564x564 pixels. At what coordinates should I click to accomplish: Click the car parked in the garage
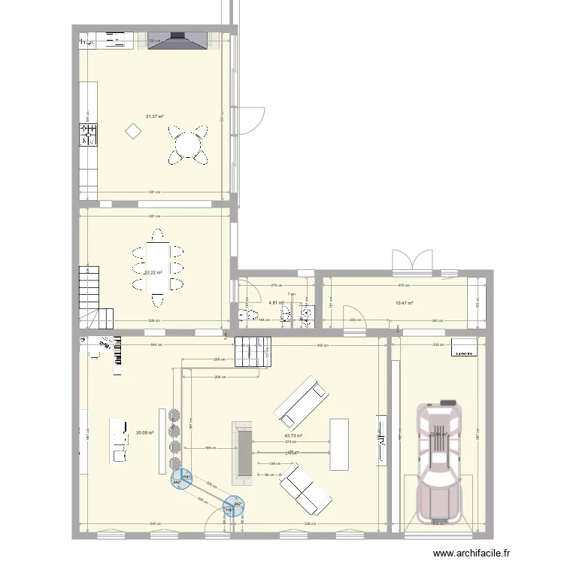pos(441,462)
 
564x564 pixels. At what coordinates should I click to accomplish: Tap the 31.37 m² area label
pos(155,117)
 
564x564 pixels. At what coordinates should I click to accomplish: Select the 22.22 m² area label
pos(154,273)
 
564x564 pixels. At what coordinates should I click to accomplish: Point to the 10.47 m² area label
pos(405,303)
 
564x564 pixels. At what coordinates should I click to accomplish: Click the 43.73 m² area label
pos(293,435)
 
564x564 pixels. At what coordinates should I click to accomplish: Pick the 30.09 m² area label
pos(145,432)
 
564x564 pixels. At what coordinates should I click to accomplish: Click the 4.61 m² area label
pos(276,303)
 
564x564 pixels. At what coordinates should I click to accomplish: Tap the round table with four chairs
pos(188,144)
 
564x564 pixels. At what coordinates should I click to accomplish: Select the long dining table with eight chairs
pos(157,267)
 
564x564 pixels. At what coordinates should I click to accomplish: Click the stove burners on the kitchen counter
pos(89,135)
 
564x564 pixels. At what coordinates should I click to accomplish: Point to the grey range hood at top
pos(178,40)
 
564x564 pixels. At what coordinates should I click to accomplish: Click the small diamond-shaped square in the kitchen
pos(133,132)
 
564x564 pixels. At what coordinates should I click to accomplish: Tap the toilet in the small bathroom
pos(243,315)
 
